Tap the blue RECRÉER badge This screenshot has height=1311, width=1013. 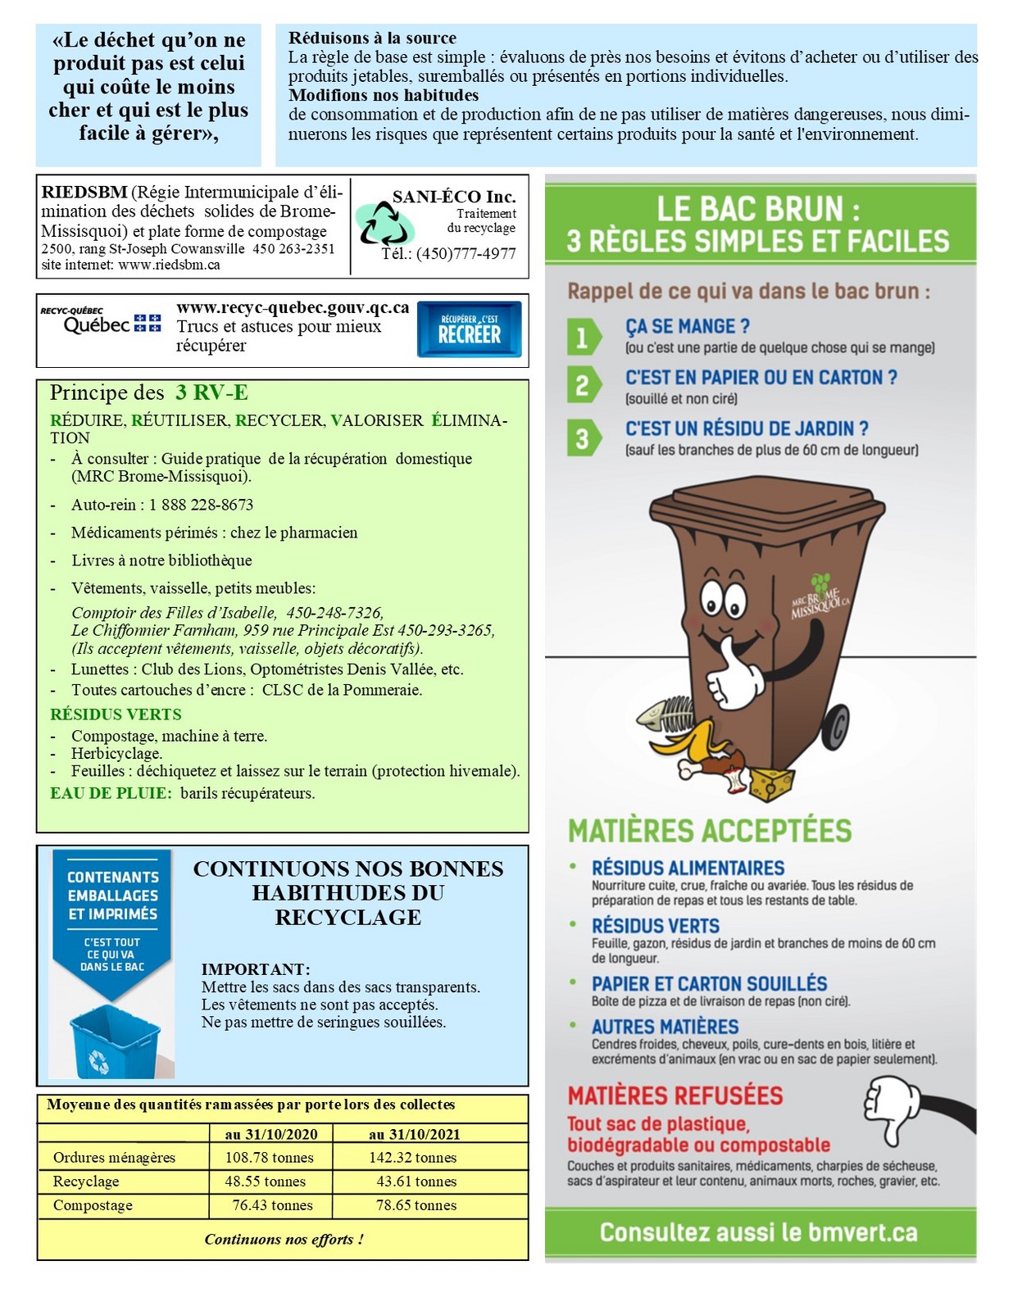point(469,329)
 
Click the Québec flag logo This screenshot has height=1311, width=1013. point(148,323)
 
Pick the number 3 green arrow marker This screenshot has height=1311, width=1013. point(583,438)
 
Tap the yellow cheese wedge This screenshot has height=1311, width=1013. point(771,783)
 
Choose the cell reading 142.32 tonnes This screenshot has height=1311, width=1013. point(412,1158)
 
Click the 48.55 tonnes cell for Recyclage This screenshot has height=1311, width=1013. point(265,1182)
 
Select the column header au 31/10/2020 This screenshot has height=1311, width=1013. point(270,1135)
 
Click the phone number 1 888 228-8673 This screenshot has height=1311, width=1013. point(201,505)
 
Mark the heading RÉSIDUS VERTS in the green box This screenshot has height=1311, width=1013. point(116,714)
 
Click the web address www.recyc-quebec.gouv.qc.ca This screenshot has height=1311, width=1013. point(293,308)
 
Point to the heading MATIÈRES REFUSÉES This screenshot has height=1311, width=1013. point(675,1096)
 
